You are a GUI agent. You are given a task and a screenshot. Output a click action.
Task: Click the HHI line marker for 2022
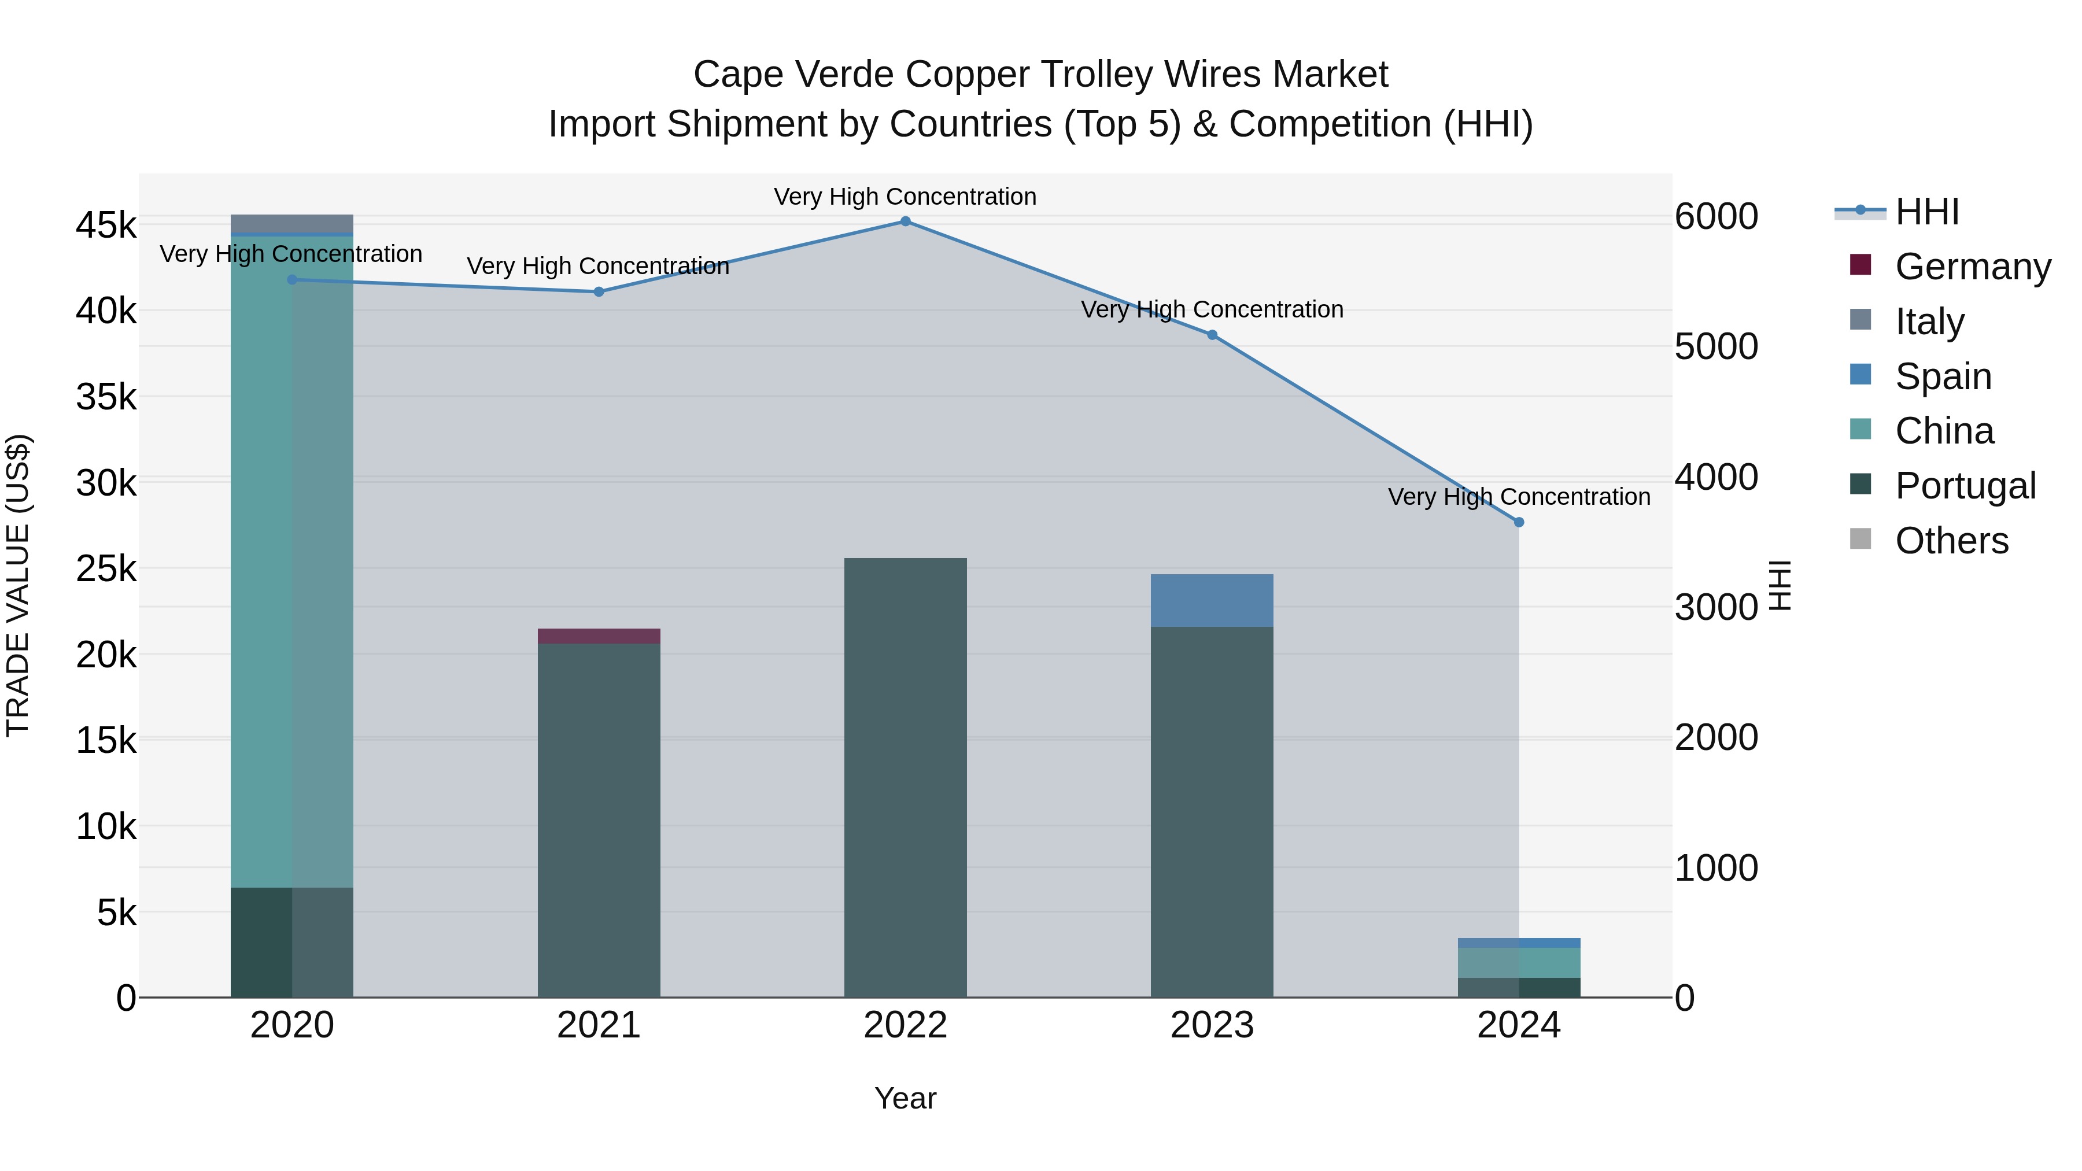click(x=905, y=221)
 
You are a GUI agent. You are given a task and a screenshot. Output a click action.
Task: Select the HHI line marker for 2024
click(x=1519, y=523)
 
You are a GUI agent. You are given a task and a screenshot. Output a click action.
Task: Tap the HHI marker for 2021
click(x=599, y=292)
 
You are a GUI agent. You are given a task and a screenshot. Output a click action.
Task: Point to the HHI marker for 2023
click(x=1212, y=335)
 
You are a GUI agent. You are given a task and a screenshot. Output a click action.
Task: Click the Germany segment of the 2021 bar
click(x=599, y=636)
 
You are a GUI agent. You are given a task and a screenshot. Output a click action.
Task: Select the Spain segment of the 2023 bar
click(x=1212, y=600)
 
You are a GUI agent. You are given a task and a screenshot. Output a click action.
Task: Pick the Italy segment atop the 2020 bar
click(x=292, y=223)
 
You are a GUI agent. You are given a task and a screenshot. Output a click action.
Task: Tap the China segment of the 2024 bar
click(x=1519, y=962)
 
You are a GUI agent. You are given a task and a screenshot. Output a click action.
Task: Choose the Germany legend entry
click(x=1972, y=267)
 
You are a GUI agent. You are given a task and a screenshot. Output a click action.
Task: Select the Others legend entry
click(x=1951, y=541)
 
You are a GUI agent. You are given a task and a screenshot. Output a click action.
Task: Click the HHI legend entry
click(x=1927, y=212)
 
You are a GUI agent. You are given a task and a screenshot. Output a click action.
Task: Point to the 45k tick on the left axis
click(x=106, y=226)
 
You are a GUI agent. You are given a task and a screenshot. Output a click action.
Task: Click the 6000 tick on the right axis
click(x=1716, y=217)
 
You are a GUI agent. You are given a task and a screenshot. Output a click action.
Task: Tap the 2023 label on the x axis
click(x=1212, y=1025)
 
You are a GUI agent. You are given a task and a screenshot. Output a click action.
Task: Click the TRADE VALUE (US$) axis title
click(x=18, y=585)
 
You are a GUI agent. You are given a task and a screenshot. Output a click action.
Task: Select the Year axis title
click(x=905, y=1098)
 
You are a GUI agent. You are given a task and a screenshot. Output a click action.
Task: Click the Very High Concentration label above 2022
click(x=905, y=197)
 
